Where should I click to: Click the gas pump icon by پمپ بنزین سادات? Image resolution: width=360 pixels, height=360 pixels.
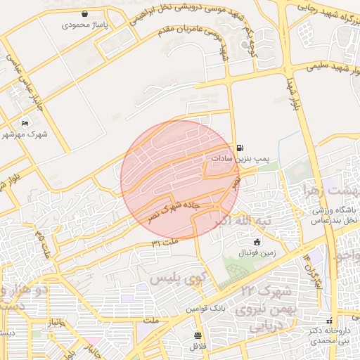point(242,148)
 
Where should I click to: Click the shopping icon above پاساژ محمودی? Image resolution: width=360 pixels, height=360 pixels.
point(84,13)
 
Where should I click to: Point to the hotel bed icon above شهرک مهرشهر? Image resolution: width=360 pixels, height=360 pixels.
point(25,123)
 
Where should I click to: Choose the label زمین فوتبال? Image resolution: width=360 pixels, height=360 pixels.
point(258,252)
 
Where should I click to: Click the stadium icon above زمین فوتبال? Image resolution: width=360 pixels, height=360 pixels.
point(257,242)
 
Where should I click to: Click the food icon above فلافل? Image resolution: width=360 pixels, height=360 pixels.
point(198,335)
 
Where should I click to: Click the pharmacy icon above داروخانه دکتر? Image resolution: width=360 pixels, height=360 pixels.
point(329,321)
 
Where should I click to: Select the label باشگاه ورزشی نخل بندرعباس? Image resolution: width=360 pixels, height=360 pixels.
point(335,215)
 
